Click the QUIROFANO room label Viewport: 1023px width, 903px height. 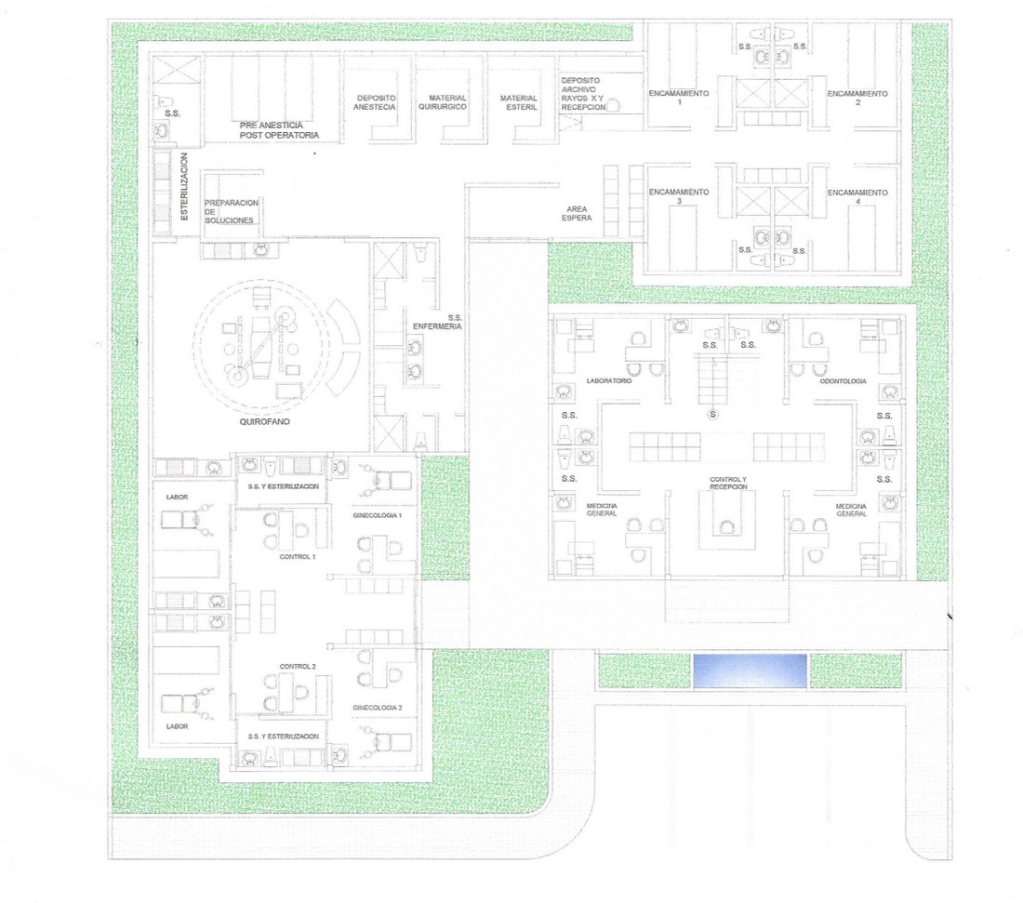(264, 421)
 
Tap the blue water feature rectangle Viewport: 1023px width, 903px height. (750, 671)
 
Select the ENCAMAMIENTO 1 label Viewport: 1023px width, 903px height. (679, 98)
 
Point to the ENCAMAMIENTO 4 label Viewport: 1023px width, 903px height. (857, 196)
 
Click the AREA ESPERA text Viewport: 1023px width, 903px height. (577, 213)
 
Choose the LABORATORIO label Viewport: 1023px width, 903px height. (609, 380)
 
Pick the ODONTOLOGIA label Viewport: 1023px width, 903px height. (843, 381)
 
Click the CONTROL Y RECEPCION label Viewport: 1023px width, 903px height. (728, 483)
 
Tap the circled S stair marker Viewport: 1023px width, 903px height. (713, 414)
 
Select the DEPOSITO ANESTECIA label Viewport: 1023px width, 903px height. (375, 102)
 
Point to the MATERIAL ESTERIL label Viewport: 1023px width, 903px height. (519, 102)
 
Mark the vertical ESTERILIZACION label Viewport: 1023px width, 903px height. (184, 187)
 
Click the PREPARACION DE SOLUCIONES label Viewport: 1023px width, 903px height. (231, 211)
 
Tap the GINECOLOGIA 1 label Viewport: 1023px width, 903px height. (377, 515)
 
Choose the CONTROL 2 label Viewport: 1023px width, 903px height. (298, 666)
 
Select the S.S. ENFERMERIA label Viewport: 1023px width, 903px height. (437, 322)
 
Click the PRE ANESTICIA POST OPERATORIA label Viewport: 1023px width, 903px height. (279, 130)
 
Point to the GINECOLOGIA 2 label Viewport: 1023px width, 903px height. (377, 708)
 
